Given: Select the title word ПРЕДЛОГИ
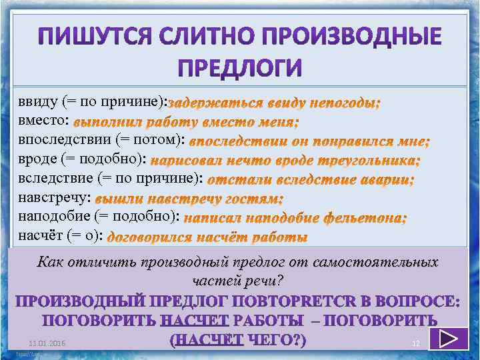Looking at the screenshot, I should coord(240,68).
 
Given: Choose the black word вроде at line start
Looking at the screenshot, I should coord(37,159).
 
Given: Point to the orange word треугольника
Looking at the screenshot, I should coord(373,161).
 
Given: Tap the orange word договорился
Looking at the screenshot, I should coord(148,237).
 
